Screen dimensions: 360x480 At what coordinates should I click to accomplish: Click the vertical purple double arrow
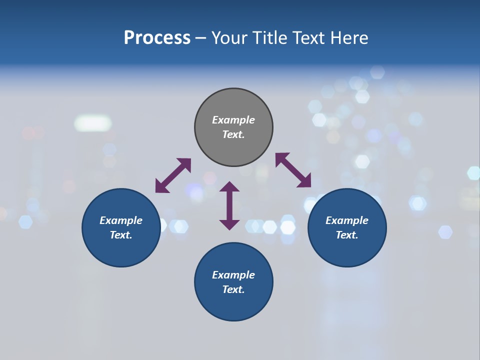click(229, 205)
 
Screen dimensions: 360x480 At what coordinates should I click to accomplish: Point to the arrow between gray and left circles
click(173, 175)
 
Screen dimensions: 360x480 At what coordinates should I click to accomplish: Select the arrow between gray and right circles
click(293, 170)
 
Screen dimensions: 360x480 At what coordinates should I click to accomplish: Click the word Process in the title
click(157, 37)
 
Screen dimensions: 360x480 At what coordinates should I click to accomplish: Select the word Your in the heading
click(230, 37)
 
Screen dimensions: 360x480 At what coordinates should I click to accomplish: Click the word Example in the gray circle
click(233, 120)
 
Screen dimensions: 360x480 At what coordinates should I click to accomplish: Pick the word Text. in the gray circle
click(233, 134)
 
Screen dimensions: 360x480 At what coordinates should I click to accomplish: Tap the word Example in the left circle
click(121, 220)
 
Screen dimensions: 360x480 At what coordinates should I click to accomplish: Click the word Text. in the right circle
click(347, 235)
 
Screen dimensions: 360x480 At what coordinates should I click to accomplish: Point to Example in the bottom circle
click(233, 275)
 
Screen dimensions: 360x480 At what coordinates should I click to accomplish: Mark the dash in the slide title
click(201, 38)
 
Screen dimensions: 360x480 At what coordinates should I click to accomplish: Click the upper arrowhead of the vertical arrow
click(229, 187)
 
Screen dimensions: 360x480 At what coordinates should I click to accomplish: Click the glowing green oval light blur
click(93, 123)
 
